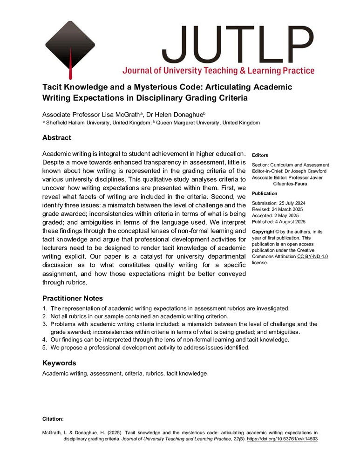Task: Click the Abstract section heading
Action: pos(57,138)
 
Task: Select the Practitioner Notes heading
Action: pos(72,298)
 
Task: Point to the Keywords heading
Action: pos(59,363)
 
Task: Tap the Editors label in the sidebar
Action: pos(259,155)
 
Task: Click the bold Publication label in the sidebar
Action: pos(265,193)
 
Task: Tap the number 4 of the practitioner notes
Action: pos(44,340)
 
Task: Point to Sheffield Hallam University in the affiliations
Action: pos(75,123)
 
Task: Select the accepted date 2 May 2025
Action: pos(291,215)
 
